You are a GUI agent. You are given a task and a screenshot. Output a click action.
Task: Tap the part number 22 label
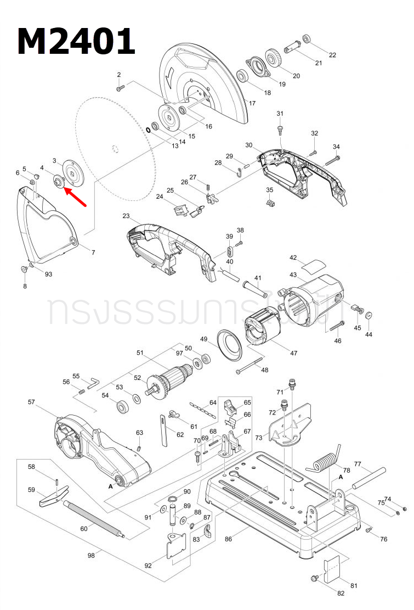coord(332,54)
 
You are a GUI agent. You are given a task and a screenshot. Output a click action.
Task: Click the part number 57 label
coord(31,402)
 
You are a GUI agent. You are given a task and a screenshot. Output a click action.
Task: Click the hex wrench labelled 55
coord(93,380)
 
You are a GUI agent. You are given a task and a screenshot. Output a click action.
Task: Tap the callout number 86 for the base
coord(228,539)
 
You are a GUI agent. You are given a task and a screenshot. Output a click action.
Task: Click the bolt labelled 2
coord(121,86)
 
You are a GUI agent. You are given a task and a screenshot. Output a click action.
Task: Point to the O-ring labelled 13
coord(148,130)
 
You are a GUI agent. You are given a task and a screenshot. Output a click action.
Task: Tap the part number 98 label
coord(91,555)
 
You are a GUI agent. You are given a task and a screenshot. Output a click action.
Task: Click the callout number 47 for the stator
coord(294,352)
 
